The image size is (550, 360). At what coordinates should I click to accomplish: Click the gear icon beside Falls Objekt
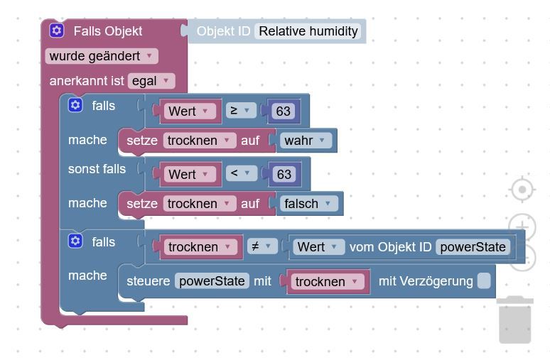point(56,31)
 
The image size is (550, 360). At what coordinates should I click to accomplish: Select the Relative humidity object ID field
point(308,31)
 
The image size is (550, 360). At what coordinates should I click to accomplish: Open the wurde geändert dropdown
point(102,56)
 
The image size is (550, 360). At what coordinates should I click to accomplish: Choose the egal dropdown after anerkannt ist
point(151,81)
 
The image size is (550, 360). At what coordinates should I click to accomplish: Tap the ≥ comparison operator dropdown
point(241,111)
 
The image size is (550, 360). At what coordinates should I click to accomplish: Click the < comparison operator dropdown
point(242,173)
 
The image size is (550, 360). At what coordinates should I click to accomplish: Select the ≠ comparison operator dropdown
point(262,246)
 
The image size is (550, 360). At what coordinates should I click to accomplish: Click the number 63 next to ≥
point(283,111)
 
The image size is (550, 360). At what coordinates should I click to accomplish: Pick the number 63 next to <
point(284,174)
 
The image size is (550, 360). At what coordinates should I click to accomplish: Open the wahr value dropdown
point(306,140)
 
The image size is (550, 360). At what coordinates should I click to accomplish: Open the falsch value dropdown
point(308,203)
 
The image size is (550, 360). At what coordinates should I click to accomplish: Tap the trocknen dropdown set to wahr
point(200,140)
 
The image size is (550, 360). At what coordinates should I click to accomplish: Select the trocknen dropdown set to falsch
point(200,203)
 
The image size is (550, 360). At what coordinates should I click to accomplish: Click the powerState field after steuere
point(212,280)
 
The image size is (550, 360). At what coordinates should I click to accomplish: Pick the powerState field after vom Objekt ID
point(473,247)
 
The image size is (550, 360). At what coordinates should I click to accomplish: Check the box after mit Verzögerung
point(484,280)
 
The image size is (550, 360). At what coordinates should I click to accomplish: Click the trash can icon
point(515,320)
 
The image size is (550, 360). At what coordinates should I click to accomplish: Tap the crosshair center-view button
point(522,190)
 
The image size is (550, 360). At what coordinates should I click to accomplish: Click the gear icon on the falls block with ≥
point(75,105)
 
